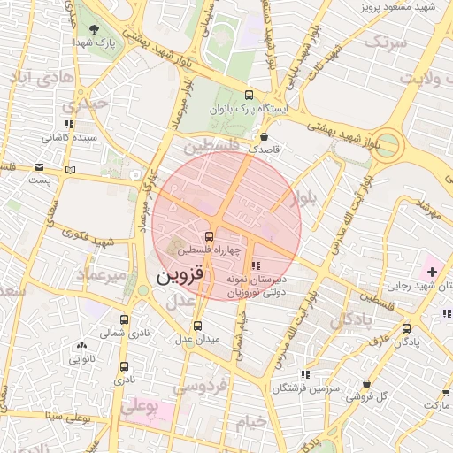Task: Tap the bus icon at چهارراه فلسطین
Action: (x=209, y=236)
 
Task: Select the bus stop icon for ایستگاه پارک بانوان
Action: (x=248, y=95)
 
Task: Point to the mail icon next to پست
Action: (x=39, y=166)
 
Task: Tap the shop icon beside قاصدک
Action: (x=265, y=136)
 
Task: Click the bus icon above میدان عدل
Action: (x=196, y=325)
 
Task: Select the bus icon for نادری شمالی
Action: (x=123, y=320)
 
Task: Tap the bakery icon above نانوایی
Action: (x=81, y=346)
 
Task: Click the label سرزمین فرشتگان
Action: (x=303, y=388)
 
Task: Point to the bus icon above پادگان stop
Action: (x=408, y=327)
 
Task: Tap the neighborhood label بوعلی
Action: (x=138, y=408)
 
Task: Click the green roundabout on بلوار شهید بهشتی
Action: (x=387, y=142)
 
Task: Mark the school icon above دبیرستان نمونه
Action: (x=256, y=265)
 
